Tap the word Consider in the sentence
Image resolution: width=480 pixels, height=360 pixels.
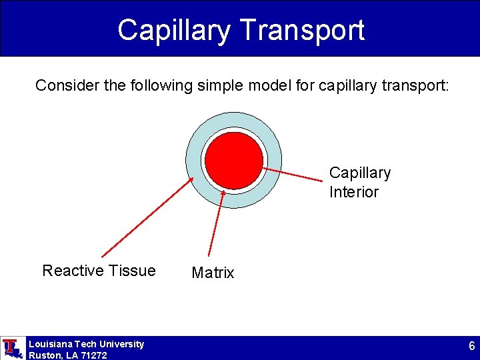(62, 85)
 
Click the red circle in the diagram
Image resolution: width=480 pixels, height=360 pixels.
(233, 160)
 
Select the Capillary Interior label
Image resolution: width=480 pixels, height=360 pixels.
(359, 182)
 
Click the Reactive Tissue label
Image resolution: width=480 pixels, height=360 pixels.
(99, 270)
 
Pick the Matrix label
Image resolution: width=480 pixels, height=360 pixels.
(213, 273)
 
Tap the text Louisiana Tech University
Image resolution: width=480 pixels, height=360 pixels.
(86, 344)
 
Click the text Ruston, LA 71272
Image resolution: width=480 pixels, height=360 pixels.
(67, 355)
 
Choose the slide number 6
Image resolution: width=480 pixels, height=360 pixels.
(471, 347)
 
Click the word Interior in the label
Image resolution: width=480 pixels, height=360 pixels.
(353, 192)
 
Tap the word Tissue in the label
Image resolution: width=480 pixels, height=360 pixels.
(135, 270)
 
